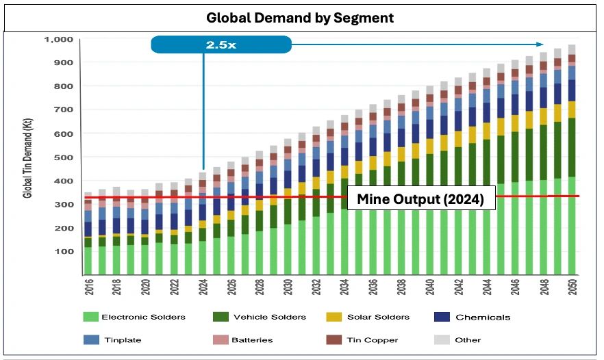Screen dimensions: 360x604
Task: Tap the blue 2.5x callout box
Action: coord(221,45)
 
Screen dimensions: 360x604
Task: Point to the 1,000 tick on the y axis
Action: coord(58,40)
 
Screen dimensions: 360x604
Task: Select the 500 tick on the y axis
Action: coord(64,157)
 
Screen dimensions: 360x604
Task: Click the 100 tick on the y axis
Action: coord(64,252)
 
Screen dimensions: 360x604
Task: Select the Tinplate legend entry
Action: coord(120,339)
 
